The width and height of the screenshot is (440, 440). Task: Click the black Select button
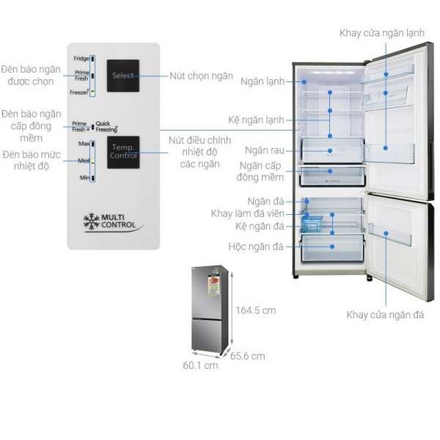(x=122, y=76)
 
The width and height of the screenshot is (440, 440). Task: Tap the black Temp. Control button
(x=122, y=152)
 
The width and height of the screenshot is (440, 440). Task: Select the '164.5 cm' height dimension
(x=256, y=310)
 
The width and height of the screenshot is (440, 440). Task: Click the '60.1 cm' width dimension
(x=201, y=364)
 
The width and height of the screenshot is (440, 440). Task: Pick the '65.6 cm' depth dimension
(x=247, y=356)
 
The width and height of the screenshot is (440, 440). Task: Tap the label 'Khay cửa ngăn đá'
(x=385, y=315)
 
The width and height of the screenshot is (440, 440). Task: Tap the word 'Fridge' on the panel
(x=81, y=58)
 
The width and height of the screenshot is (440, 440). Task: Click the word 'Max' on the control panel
(x=83, y=143)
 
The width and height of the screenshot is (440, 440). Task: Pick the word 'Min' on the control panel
(x=84, y=177)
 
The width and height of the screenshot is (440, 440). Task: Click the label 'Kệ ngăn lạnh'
(x=256, y=120)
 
